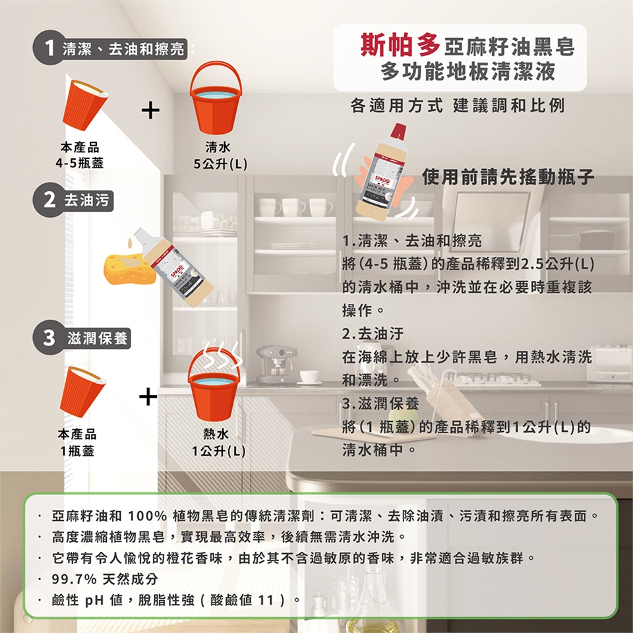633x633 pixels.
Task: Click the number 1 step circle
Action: pyautogui.click(x=49, y=47)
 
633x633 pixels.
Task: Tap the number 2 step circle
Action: pyautogui.click(x=49, y=200)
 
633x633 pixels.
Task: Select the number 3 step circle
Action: pyautogui.click(x=49, y=338)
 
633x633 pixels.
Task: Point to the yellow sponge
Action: pyautogui.click(x=130, y=268)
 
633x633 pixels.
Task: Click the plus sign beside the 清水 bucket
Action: pyautogui.click(x=150, y=110)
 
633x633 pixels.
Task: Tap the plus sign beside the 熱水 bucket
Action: pyautogui.click(x=148, y=396)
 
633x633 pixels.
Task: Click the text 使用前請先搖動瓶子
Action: pyautogui.click(x=508, y=177)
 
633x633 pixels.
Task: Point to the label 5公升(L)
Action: pyautogui.click(x=220, y=164)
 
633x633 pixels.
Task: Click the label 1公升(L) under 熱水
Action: pyautogui.click(x=218, y=450)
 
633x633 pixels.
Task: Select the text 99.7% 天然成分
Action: pyautogui.click(x=105, y=579)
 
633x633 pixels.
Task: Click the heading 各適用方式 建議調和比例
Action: pyautogui.click(x=458, y=105)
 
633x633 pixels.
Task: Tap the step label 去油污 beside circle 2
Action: pyautogui.click(x=86, y=200)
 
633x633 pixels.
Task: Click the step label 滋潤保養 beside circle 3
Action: pyautogui.click(x=98, y=338)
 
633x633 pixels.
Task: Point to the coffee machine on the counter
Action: pyautogui.click(x=276, y=364)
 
